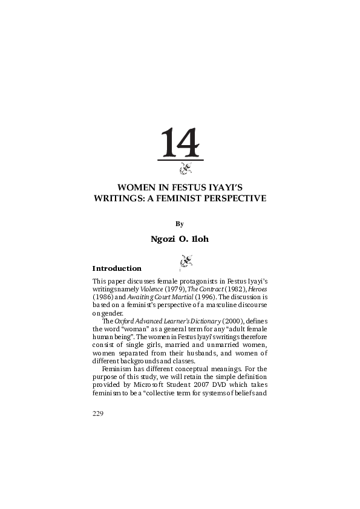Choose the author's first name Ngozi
pos(164,239)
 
